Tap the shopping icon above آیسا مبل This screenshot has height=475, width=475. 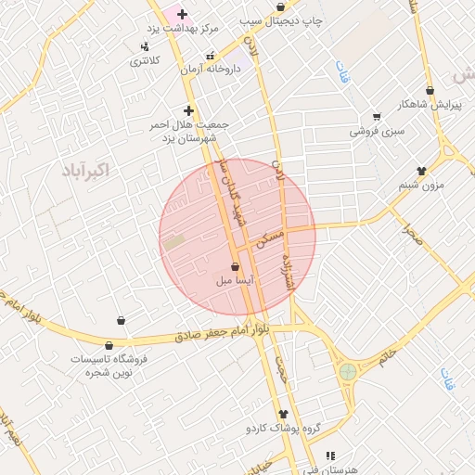(x=234, y=266)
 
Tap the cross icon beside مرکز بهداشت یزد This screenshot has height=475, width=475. (x=182, y=14)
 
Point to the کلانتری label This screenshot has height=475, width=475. (x=144, y=60)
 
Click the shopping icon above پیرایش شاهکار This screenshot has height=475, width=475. (x=430, y=91)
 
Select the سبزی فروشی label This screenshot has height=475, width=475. (x=377, y=131)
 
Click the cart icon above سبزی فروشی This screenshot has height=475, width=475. (x=377, y=117)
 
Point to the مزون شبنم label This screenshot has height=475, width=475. (x=421, y=185)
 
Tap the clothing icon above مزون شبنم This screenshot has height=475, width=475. (x=422, y=171)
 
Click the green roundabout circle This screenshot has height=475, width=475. (x=348, y=371)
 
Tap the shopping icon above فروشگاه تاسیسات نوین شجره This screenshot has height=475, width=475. (x=121, y=320)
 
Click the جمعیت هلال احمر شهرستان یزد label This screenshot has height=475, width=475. (x=189, y=131)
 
